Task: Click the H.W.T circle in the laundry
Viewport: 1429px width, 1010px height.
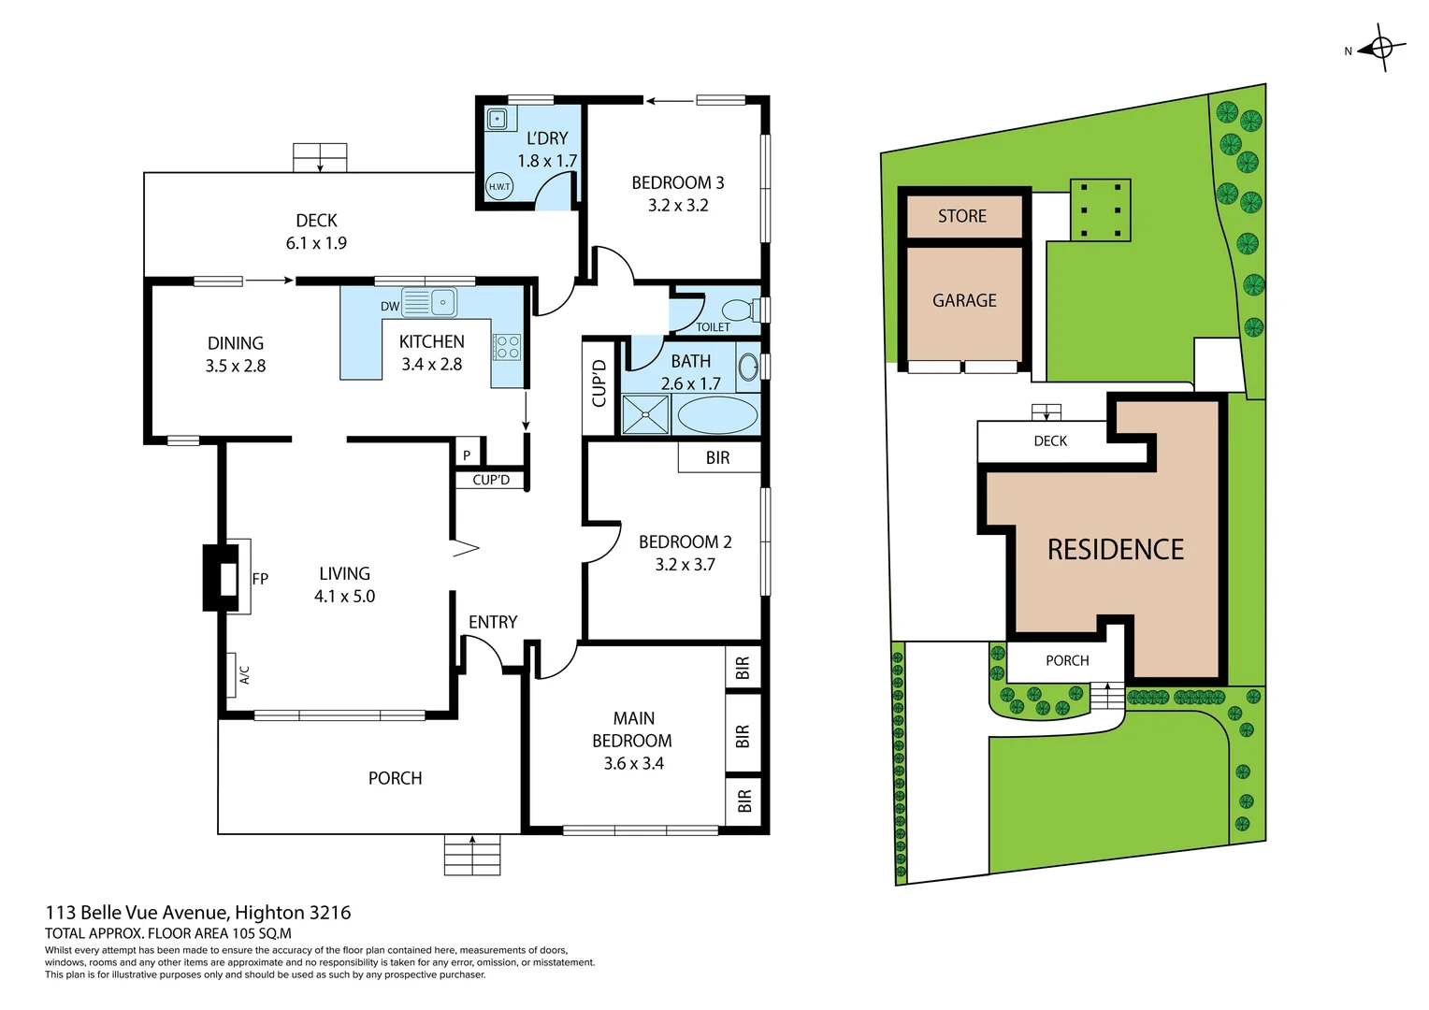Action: pyautogui.click(x=499, y=186)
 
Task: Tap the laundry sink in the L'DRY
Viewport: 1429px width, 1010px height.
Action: pyautogui.click(x=498, y=120)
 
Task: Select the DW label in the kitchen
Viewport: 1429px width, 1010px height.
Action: pyautogui.click(x=390, y=306)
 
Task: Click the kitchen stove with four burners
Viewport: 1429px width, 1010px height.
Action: pyautogui.click(x=508, y=348)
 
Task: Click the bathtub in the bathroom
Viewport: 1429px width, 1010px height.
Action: pyautogui.click(x=717, y=415)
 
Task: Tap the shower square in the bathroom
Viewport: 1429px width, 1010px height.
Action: pyautogui.click(x=646, y=415)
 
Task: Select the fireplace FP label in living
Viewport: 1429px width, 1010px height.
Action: pyautogui.click(x=260, y=579)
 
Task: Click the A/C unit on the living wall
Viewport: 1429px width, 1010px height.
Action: pyautogui.click(x=231, y=674)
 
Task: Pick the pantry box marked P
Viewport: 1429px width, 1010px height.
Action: pyautogui.click(x=467, y=455)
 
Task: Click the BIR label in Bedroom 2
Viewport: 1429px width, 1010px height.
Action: pyautogui.click(x=718, y=457)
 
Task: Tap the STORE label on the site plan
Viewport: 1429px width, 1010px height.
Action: pyautogui.click(x=962, y=216)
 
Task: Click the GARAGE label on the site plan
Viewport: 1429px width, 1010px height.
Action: pyautogui.click(x=964, y=300)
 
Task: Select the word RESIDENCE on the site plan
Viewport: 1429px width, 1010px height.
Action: pyautogui.click(x=1116, y=549)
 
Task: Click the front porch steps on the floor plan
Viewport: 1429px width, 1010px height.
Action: pyautogui.click(x=472, y=855)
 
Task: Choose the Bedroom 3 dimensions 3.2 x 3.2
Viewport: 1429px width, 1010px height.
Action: pyautogui.click(x=678, y=205)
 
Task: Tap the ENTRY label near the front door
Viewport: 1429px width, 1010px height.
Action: pyautogui.click(x=493, y=622)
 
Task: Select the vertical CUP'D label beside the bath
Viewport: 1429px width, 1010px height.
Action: pyautogui.click(x=599, y=384)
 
